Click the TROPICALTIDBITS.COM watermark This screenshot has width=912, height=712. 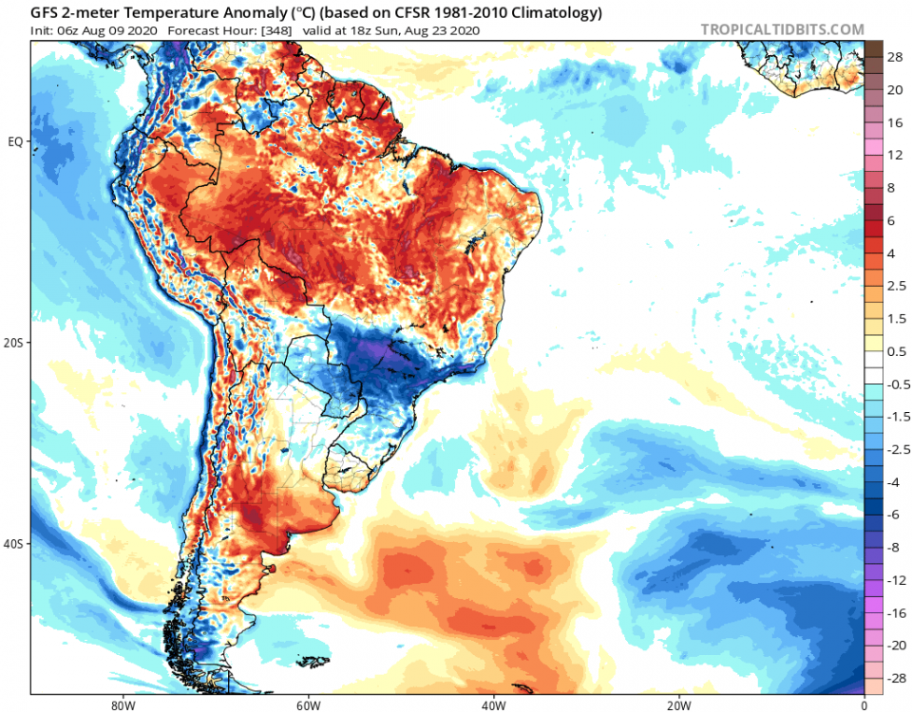[x=782, y=29]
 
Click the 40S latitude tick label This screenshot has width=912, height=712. [x=16, y=544]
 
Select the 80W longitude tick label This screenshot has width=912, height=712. [x=119, y=704]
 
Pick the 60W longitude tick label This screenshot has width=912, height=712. [x=306, y=704]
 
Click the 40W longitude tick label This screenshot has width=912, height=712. [x=492, y=704]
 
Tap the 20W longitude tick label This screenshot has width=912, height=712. [x=678, y=704]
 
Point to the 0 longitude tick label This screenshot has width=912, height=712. [x=864, y=704]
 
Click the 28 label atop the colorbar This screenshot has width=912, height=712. [x=896, y=57]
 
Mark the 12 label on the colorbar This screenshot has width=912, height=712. [x=896, y=155]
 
